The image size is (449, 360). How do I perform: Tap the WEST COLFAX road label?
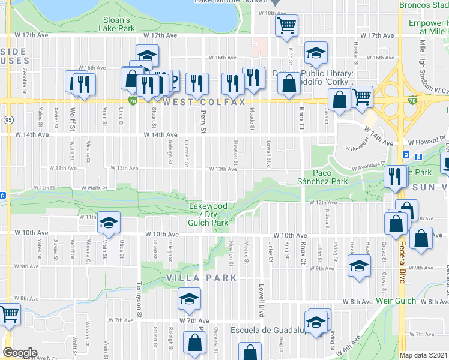point(204,103)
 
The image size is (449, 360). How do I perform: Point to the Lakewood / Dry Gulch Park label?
point(208,214)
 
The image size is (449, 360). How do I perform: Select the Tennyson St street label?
point(139,299)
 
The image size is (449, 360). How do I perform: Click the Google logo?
point(20,353)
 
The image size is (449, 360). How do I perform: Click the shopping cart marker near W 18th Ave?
point(287,26)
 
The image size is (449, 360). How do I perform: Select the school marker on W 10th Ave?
point(109,223)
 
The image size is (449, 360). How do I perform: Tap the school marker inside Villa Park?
point(188,299)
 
